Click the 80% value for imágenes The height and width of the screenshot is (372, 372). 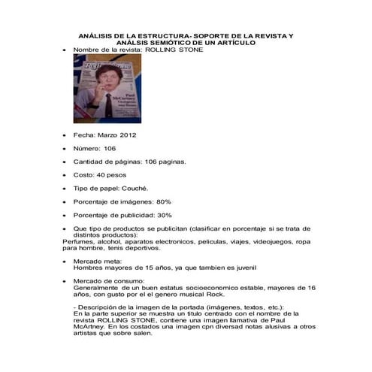click(x=163, y=201)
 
